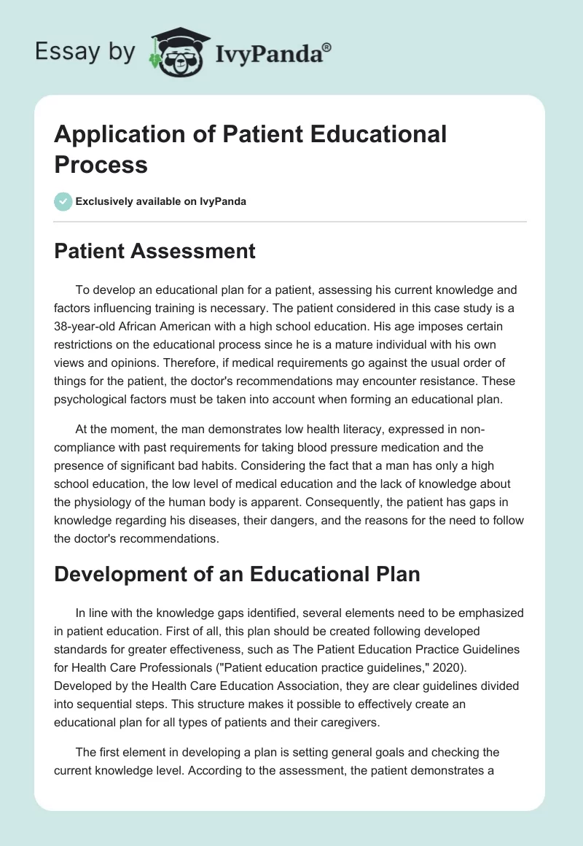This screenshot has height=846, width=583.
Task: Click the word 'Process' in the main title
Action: point(101,164)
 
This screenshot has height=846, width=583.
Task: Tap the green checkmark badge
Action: point(63,201)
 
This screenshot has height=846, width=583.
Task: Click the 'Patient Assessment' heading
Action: point(155,252)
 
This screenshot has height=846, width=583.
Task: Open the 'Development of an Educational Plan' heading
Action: point(238,574)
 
